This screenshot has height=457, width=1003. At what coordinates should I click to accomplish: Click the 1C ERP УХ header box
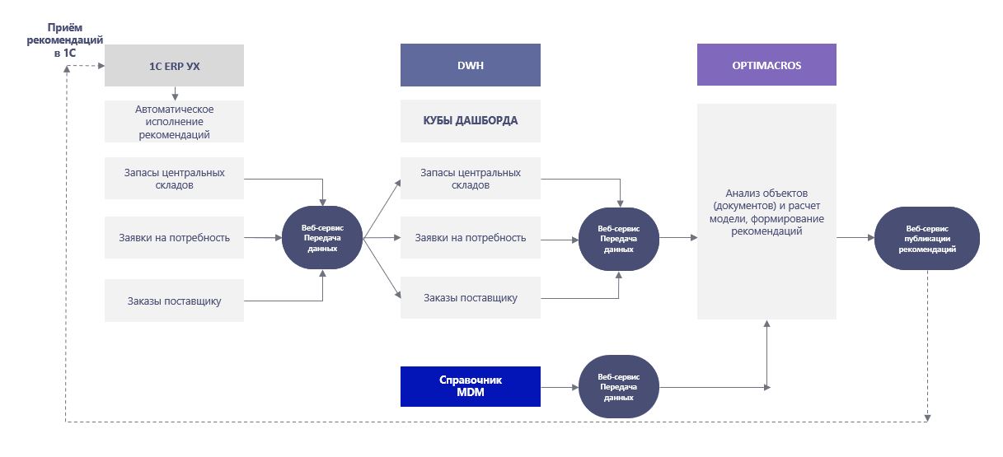click(x=174, y=65)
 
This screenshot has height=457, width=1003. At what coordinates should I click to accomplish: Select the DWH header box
click(x=470, y=65)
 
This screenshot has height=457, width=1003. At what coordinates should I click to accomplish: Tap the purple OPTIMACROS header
click(x=766, y=65)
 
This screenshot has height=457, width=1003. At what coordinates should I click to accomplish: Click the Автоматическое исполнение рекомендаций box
click(x=174, y=122)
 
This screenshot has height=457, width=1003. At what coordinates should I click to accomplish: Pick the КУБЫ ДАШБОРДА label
click(x=470, y=120)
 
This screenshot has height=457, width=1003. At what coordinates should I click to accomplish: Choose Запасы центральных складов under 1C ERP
click(x=174, y=179)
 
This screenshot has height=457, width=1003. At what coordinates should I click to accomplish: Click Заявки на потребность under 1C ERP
click(x=174, y=238)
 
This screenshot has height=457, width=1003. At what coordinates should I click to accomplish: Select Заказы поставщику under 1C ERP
click(x=174, y=301)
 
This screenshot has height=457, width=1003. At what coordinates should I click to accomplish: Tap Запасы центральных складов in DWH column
click(x=470, y=179)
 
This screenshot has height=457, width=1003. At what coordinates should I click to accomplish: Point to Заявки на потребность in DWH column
click(x=470, y=238)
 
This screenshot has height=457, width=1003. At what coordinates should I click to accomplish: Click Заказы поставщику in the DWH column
click(x=470, y=297)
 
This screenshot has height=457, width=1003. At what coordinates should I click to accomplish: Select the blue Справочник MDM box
click(x=470, y=386)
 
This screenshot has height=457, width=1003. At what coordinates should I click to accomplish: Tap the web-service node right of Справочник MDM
click(x=618, y=386)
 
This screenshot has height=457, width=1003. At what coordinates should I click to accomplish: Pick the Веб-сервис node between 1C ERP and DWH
click(x=322, y=238)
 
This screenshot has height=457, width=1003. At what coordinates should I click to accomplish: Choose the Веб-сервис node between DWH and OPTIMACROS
click(x=618, y=238)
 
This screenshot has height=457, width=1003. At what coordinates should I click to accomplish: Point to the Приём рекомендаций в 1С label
click(x=64, y=40)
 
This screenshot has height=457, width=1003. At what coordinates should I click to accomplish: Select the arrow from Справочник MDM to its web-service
click(x=560, y=386)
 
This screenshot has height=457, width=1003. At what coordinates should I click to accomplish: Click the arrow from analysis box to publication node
click(x=855, y=238)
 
